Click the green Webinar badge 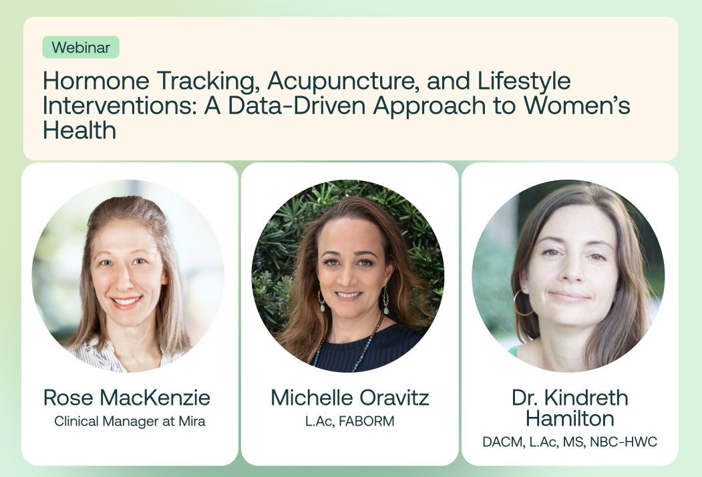click(81, 47)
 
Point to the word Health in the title click(79, 130)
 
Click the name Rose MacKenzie click(127, 398)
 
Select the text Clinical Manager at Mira click(130, 422)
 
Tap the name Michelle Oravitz click(349, 398)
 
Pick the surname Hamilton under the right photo click(570, 418)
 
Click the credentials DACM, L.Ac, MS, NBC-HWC click(570, 442)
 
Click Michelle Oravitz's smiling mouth click(349, 295)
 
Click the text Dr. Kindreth click(570, 398)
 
